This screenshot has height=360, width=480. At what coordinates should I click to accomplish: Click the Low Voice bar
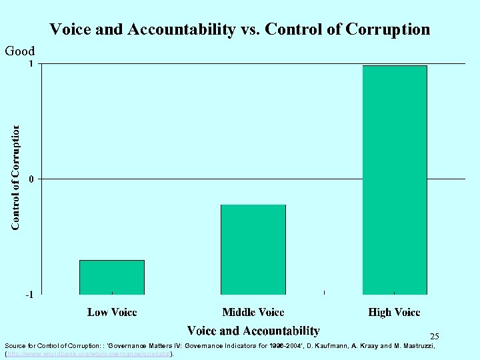[x=112, y=277]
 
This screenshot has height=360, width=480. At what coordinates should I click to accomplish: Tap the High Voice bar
[x=395, y=180]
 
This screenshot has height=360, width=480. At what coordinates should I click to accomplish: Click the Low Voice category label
[x=112, y=312]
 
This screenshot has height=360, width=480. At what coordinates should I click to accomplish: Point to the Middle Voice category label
[x=253, y=312]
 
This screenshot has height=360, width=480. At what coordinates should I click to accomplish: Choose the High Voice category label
[x=395, y=312]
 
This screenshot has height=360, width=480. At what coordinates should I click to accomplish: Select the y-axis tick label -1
[x=29, y=295]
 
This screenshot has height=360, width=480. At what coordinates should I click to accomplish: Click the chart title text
[x=240, y=29]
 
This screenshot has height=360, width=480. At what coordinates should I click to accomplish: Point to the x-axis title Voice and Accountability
[x=253, y=331]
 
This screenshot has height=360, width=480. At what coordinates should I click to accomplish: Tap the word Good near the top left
[x=20, y=51]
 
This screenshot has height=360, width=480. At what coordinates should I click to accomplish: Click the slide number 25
[x=435, y=337]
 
